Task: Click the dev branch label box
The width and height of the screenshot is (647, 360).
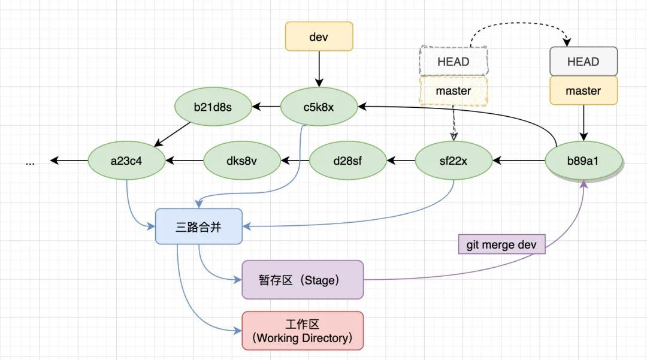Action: tap(319, 37)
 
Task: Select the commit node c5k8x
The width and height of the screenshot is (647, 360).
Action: tap(319, 108)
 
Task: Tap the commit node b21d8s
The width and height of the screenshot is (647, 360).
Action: tap(213, 108)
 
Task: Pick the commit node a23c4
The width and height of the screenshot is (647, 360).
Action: tap(126, 161)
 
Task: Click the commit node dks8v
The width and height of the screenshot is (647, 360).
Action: tap(242, 161)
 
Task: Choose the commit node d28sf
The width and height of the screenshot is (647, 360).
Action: tap(347, 161)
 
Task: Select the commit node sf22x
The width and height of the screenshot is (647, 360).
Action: tap(453, 161)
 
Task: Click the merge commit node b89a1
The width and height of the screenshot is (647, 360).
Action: tap(583, 161)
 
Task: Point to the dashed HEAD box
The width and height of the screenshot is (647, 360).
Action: tap(453, 61)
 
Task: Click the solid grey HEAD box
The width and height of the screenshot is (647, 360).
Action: tap(583, 61)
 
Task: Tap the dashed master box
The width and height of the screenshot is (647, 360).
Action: tap(453, 91)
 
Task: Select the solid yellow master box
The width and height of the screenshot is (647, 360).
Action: tap(583, 91)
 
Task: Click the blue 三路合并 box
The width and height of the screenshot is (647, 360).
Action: tap(199, 226)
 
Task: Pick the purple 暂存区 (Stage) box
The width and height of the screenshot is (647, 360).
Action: tap(303, 280)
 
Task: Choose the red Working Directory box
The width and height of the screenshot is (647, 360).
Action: tap(303, 331)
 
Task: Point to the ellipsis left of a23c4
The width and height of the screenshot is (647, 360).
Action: tap(31, 161)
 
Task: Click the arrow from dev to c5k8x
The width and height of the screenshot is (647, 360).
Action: tap(319, 69)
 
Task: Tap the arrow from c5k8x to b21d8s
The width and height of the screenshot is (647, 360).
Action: tap(266, 108)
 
